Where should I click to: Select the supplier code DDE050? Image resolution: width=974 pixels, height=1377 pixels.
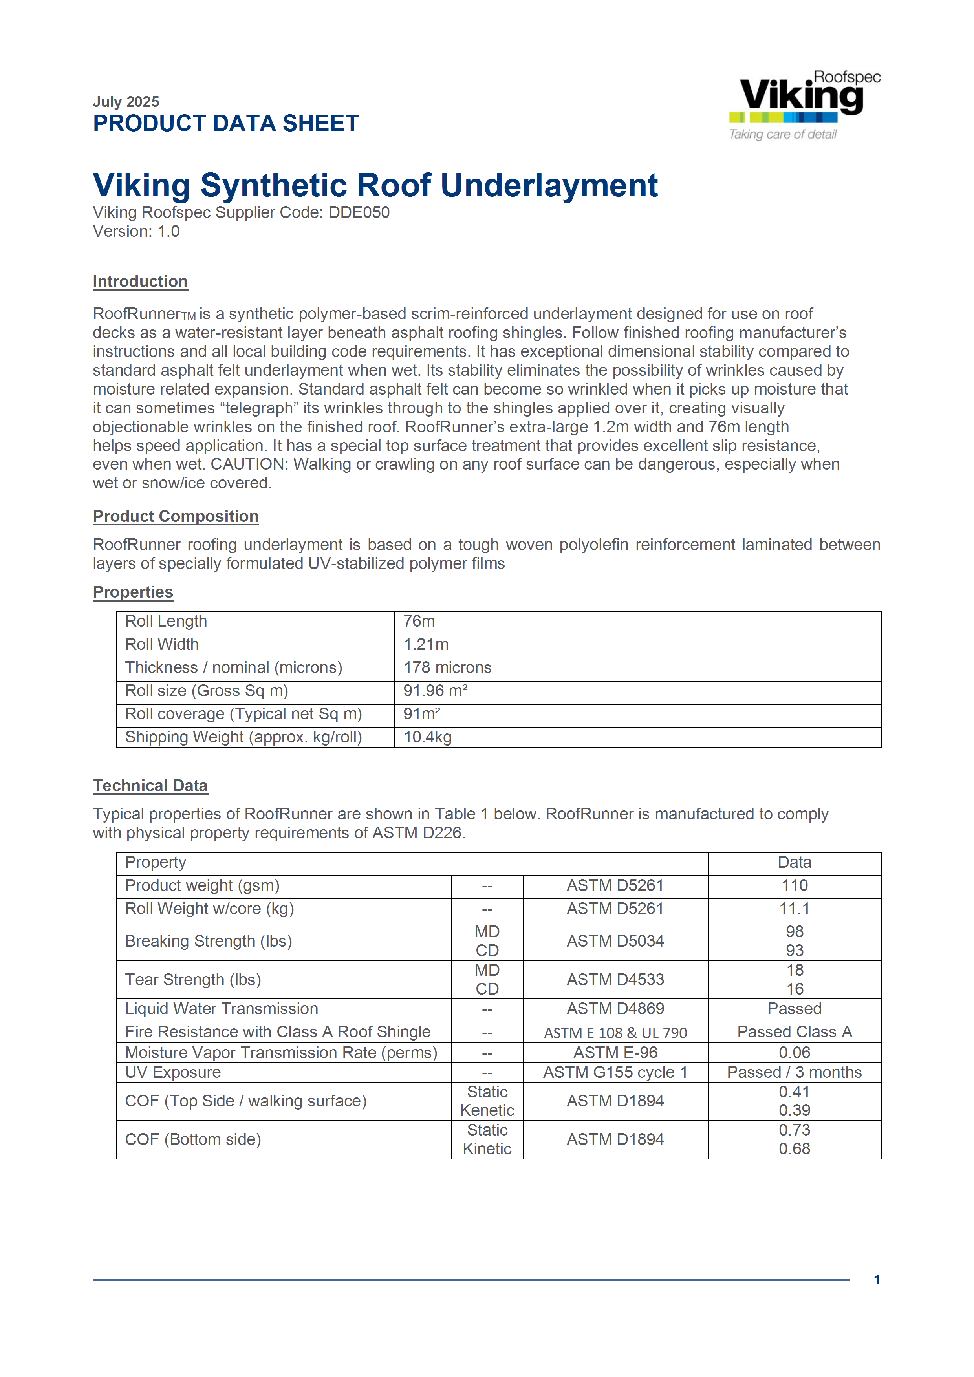point(359,212)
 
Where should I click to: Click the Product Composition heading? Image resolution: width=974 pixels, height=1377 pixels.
point(175,516)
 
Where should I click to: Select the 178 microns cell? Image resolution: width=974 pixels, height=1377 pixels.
point(447,667)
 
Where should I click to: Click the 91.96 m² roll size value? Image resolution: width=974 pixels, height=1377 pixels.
point(435,691)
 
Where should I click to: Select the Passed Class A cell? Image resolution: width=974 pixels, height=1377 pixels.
point(794,1031)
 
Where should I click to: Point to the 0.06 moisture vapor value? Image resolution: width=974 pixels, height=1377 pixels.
point(794,1053)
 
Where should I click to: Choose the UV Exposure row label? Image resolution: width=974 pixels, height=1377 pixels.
point(173,1072)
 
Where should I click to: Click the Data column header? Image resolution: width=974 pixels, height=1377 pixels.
point(794,862)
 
